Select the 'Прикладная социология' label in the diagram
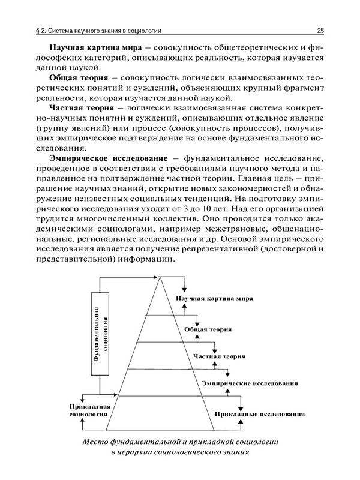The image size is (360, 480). [88, 410]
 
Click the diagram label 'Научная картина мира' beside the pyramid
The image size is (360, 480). [214, 298]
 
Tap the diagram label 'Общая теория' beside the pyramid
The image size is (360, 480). [208, 329]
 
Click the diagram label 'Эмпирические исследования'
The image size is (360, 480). [250, 383]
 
